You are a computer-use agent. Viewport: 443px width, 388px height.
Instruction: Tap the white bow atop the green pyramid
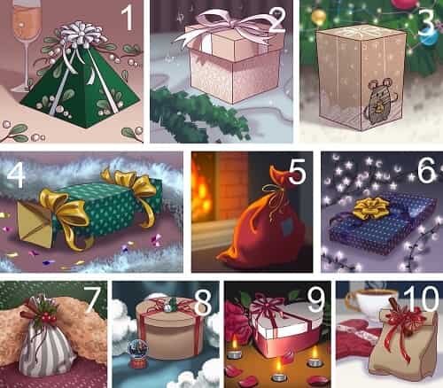(82, 35)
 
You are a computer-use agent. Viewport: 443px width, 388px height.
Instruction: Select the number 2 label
(276, 20)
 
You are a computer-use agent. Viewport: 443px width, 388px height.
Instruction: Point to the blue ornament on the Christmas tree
(429, 36)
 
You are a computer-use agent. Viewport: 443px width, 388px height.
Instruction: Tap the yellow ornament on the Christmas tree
(318, 17)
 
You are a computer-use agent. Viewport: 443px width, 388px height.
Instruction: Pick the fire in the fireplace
(202, 189)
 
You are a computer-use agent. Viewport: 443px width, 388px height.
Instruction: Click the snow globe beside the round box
(137, 353)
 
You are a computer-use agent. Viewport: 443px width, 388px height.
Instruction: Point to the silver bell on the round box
(167, 307)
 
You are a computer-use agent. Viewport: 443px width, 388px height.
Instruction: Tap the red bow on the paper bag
(406, 321)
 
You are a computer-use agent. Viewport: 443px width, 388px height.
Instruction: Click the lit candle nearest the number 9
(315, 356)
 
